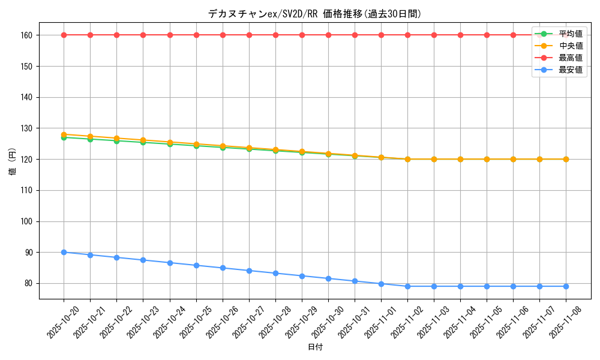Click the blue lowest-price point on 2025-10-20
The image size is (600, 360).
click(x=64, y=252)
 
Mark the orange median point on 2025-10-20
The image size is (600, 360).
click(x=64, y=134)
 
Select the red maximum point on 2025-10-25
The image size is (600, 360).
click(x=196, y=35)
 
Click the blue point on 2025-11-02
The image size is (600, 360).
click(x=407, y=286)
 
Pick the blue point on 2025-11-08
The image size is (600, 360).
click(x=566, y=286)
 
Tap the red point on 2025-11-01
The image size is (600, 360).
click(x=381, y=35)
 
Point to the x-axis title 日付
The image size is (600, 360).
click(x=315, y=347)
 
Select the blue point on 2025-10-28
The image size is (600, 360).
click(x=275, y=273)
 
